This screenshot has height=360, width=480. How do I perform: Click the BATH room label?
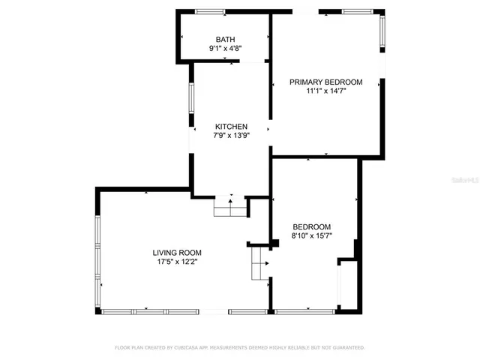(225, 39)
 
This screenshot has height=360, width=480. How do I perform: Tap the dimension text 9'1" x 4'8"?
(225, 49)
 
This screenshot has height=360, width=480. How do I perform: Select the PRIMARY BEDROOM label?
(326, 82)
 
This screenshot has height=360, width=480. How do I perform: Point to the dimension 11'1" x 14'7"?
(326, 91)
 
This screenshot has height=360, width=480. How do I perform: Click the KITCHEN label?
(231, 126)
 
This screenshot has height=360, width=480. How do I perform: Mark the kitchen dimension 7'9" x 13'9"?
(231, 136)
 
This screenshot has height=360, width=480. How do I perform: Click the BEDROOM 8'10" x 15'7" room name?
(311, 226)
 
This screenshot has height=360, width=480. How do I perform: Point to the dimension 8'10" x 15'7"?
(311, 236)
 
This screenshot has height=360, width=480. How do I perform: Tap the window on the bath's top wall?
(210, 11)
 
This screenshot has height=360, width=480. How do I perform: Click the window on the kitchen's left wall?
(192, 97)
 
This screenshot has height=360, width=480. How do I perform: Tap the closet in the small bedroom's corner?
(347, 285)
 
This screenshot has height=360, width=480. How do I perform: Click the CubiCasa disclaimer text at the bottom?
(239, 348)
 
